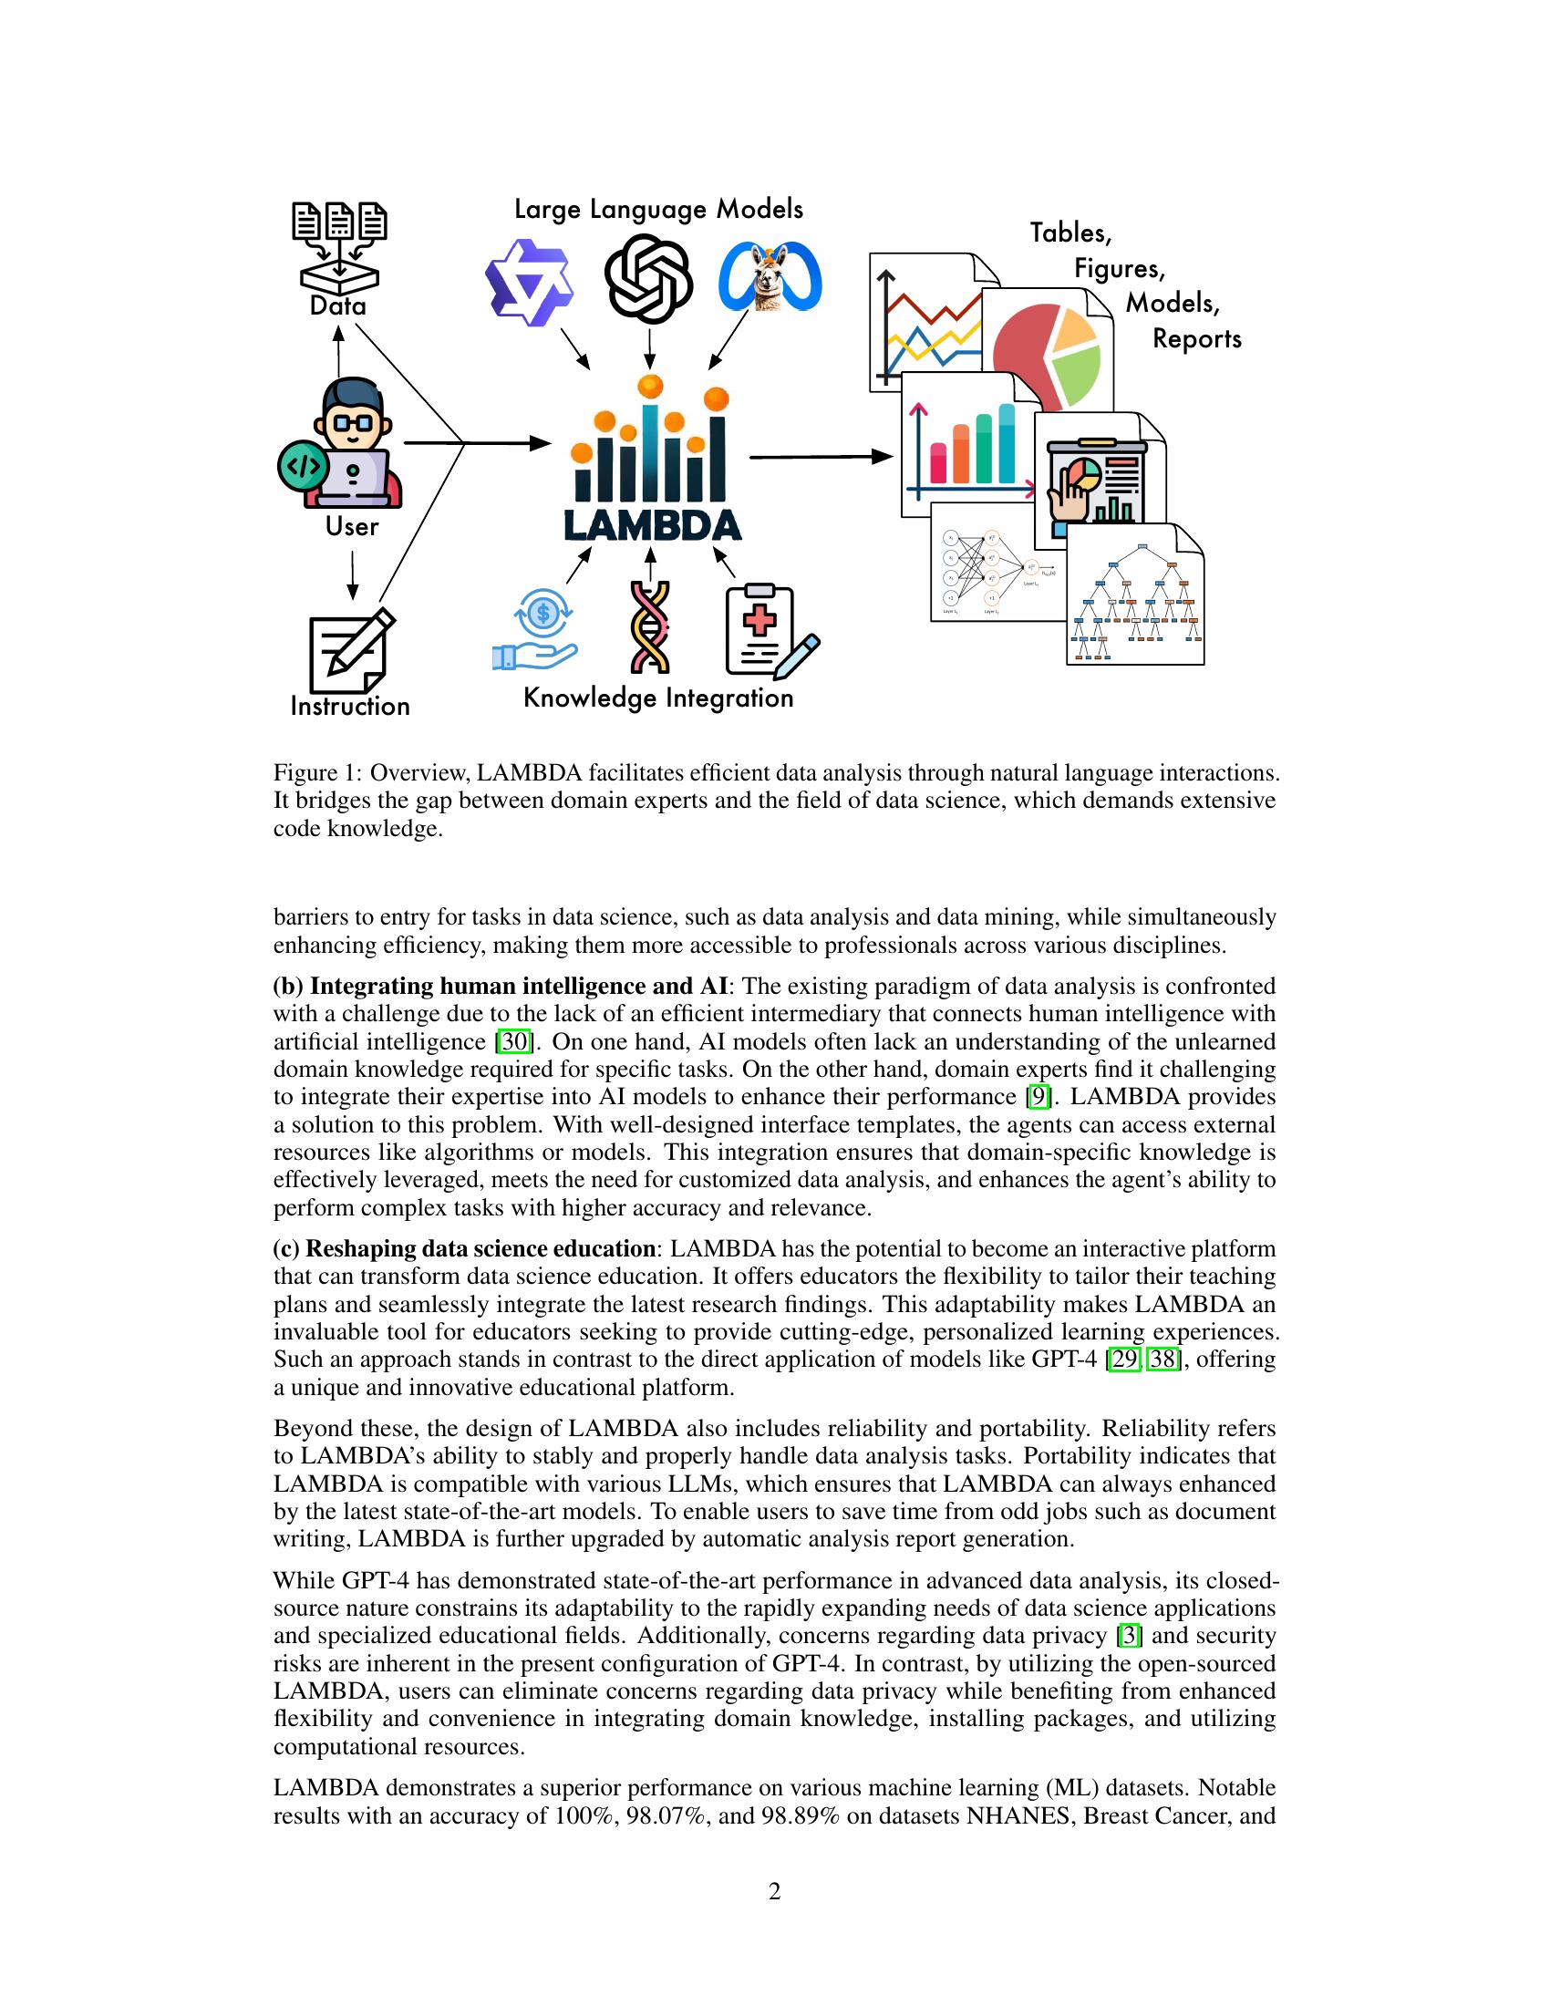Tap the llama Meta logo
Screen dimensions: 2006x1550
point(770,277)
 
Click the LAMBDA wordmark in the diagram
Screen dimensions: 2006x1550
point(652,525)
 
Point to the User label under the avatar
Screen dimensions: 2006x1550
point(352,527)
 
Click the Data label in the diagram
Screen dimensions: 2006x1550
point(338,305)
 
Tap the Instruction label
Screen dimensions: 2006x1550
point(350,707)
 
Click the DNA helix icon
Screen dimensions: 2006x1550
point(650,629)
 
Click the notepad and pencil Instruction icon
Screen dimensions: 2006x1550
point(350,651)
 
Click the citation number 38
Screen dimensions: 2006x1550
point(1162,1360)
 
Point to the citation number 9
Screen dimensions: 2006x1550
point(1037,1098)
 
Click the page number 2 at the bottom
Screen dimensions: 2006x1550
point(775,1892)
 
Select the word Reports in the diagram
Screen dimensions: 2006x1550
point(1196,339)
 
